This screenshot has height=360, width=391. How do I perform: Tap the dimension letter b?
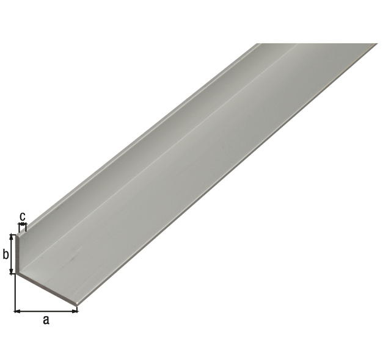pos(5,253)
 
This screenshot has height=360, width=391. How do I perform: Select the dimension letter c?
pos(23,216)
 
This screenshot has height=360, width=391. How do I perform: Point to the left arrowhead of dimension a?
pos(16,311)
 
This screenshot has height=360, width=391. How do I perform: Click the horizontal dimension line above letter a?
pos(46,311)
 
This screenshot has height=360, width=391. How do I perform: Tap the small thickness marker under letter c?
pos(23,226)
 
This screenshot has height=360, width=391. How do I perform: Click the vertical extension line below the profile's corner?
pos(14,293)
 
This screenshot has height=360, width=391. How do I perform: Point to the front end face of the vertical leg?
pos(18,253)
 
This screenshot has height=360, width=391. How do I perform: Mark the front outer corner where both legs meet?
pos(16,273)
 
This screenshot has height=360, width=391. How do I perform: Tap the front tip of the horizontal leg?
pos(76,303)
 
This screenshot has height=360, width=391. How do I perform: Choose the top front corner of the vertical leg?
pos(19,234)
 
